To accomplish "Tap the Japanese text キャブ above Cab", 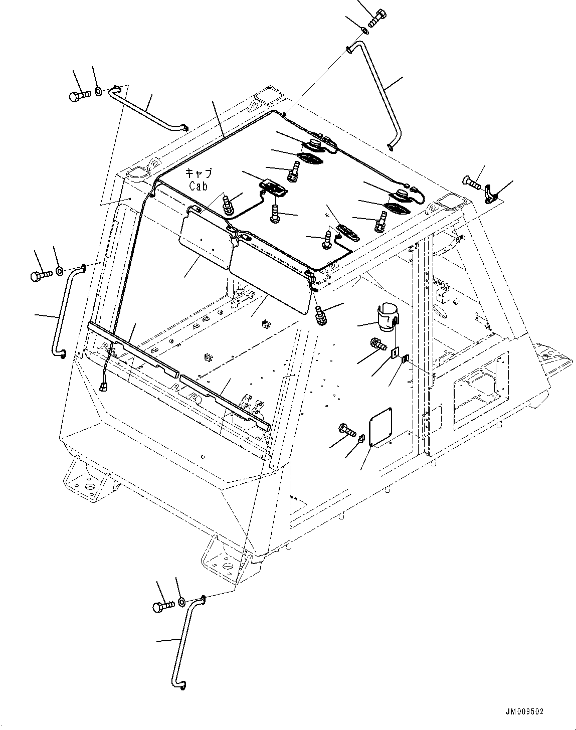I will [x=200, y=173].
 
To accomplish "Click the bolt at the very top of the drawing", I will [x=377, y=18].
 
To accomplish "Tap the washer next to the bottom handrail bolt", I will [x=182, y=601].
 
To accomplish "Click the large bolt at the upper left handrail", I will [x=79, y=95].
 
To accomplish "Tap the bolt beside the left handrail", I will [x=41, y=274].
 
